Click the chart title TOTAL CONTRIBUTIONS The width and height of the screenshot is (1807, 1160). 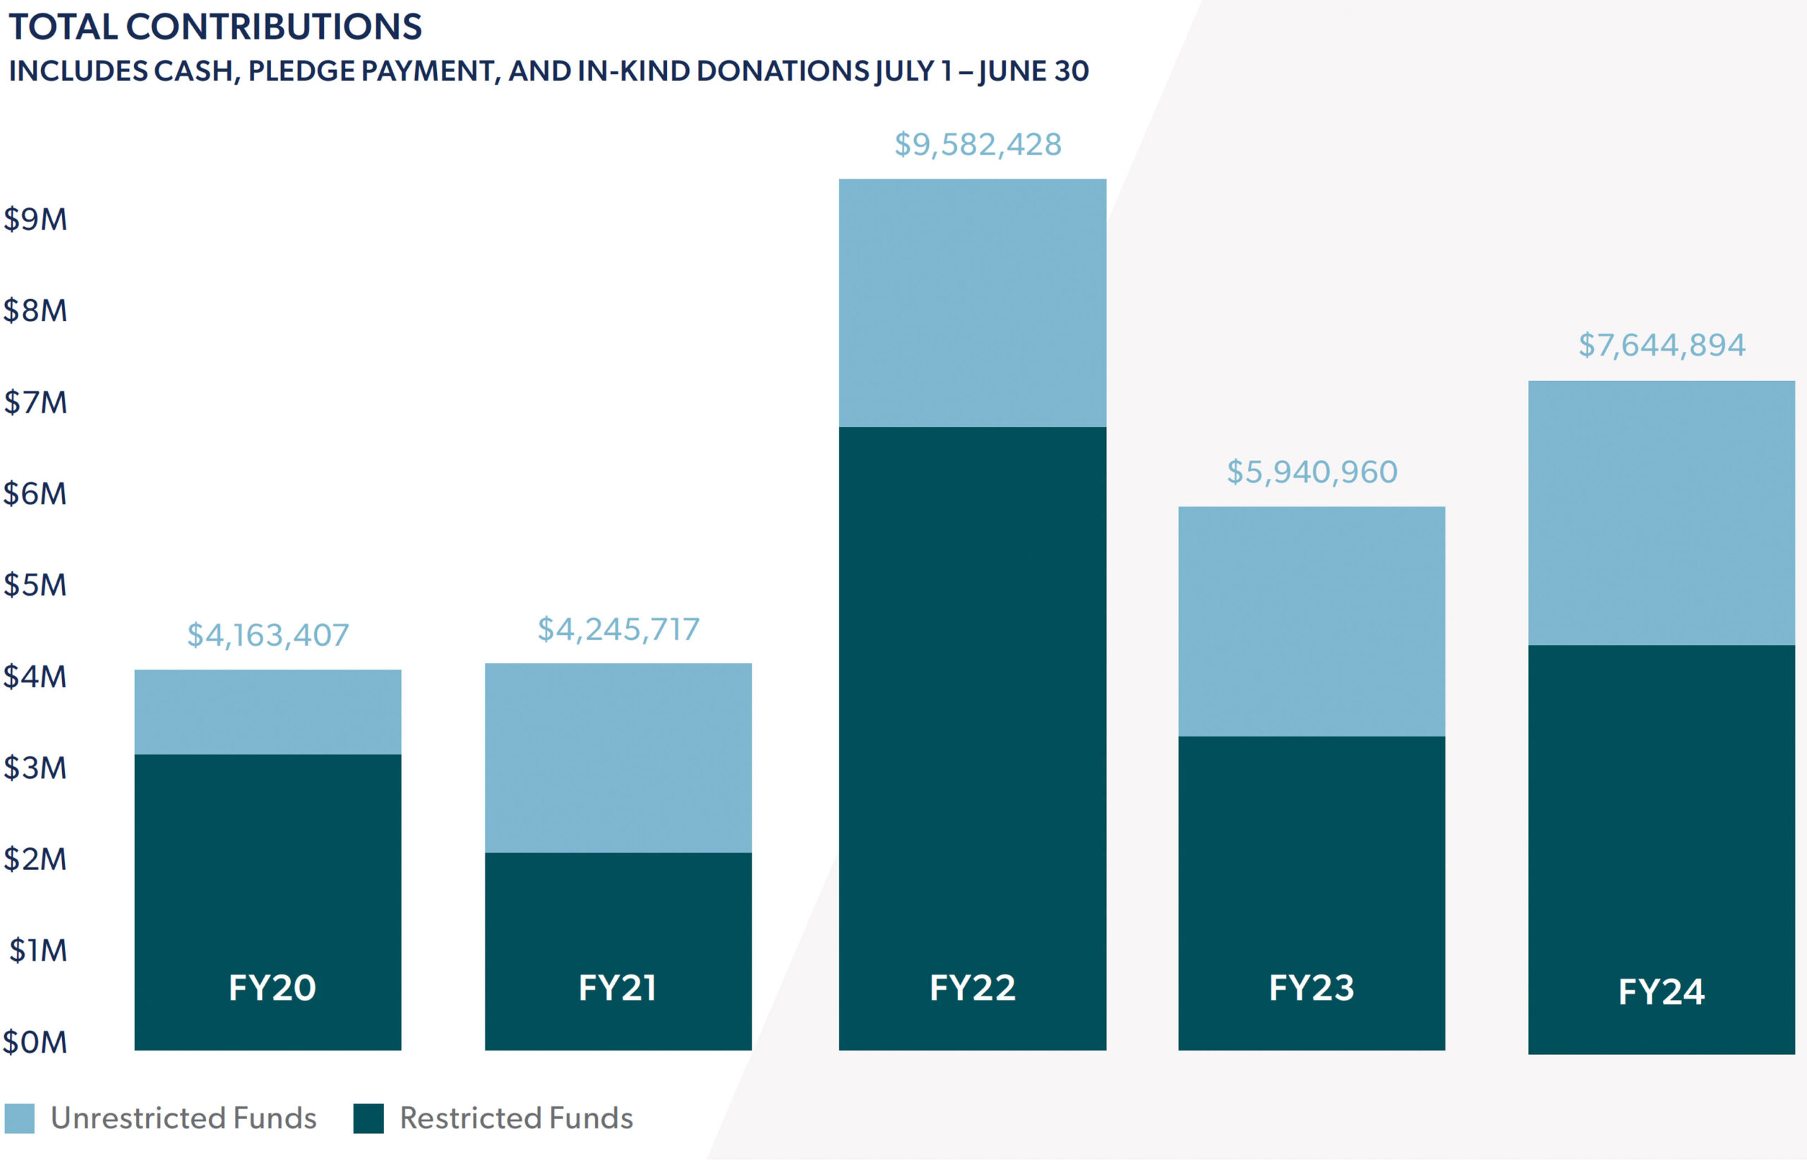coord(215,27)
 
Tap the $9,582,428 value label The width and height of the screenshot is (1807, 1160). coord(978,145)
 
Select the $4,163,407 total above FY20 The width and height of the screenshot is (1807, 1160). coord(268,635)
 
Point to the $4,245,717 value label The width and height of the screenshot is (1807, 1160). coord(618,629)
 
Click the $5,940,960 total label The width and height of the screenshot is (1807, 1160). coord(1311,472)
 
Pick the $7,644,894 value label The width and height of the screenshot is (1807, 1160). coord(1661,345)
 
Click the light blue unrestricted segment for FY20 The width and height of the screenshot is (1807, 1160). coord(268,712)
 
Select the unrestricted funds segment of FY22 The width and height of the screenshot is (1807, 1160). coord(972,303)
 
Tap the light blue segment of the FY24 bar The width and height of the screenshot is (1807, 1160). coord(1661,512)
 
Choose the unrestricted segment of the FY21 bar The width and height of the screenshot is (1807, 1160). coord(618,757)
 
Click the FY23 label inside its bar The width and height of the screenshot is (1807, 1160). coord(1311,988)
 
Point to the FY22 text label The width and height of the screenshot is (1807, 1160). coord(972,988)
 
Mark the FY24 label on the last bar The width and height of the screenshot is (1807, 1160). coord(1661,991)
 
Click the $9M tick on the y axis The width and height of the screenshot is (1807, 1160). coord(35,220)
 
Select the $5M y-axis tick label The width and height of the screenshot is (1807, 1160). coord(35,585)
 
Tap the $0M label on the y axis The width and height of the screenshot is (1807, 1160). coord(35,1042)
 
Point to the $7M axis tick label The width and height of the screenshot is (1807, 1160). coord(35,403)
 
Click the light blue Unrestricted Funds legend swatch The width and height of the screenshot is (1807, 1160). coord(20,1118)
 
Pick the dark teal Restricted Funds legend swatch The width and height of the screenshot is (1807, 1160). coord(368,1118)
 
